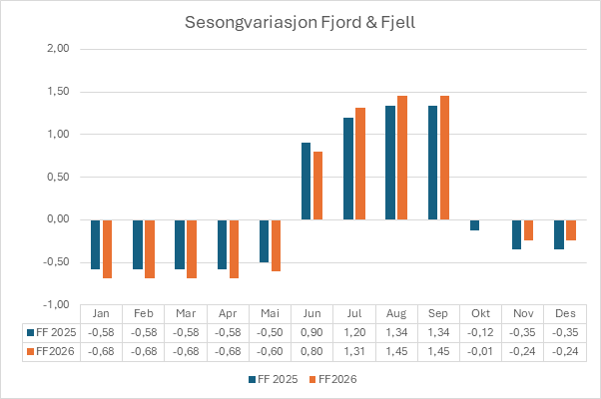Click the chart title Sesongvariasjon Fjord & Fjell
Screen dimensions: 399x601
(x=300, y=21)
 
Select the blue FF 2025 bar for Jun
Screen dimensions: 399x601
(x=306, y=182)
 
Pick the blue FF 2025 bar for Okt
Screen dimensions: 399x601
(x=475, y=224)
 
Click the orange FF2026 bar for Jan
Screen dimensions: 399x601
(x=107, y=248)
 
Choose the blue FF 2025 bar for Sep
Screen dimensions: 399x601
(x=432, y=163)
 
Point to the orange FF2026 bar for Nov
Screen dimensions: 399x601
(x=528, y=229)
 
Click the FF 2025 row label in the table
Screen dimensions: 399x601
(x=50, y=331)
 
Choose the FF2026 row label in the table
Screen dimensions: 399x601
(x=50, y=349)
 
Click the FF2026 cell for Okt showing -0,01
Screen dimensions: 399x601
(x=479, y=349)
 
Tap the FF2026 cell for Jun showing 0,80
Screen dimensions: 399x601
(x=311, y=349)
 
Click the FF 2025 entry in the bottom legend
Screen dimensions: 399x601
(x=272, y=379)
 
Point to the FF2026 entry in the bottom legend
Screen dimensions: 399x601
(x=333, y=379)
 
